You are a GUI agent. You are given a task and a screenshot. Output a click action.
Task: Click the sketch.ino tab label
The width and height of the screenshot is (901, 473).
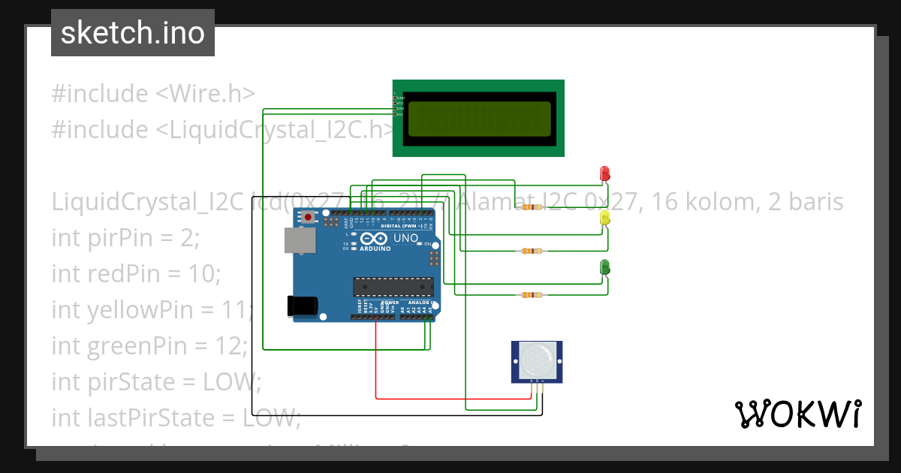(133, 33)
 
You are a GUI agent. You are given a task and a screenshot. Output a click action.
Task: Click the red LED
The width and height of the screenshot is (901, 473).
(604, 173)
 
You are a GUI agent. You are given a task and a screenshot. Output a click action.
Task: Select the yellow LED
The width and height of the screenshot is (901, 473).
(604, 218)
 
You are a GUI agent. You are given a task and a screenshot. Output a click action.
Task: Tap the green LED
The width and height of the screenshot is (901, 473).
(604, 267)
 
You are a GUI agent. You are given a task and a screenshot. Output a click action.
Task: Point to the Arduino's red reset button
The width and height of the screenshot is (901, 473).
(309, 218)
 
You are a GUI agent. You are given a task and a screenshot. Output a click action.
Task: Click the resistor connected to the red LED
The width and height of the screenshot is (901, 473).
(532, 207)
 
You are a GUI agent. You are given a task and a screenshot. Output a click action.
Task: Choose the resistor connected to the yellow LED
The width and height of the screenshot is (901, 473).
(532, 252)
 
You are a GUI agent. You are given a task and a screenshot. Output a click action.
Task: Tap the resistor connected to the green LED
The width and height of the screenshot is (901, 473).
(532, 295)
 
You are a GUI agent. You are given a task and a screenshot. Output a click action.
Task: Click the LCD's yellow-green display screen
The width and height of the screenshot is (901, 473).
(479, 119)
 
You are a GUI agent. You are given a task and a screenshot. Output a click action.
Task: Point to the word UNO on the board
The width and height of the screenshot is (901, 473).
(405, 238)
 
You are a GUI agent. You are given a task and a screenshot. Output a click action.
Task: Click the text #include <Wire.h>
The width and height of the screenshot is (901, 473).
(153, 94)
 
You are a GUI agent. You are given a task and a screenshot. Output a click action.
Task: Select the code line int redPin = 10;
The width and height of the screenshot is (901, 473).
(136, 274)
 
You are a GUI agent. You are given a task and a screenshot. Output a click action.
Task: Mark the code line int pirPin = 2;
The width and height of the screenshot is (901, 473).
(125, 238)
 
